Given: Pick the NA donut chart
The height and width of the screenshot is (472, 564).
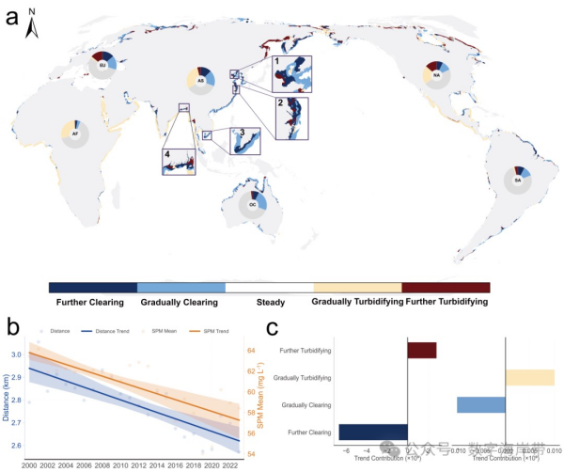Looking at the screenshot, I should pos(437,73).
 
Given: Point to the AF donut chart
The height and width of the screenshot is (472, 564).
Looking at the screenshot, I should pos(74,134).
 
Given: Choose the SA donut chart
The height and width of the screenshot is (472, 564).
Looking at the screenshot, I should pos(517,179).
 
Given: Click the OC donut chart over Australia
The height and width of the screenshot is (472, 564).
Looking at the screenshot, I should pos(253,204).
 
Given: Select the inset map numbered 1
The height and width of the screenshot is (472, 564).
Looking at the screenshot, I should pos(290,73).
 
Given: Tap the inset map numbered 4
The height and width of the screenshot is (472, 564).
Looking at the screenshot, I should pos(179,158).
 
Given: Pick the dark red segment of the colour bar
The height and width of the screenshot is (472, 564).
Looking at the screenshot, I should pos(445,287).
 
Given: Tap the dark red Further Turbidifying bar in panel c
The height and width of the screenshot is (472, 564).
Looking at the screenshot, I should pos(422,351).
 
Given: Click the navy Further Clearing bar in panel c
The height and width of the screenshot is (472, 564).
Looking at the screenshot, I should pos(372,432).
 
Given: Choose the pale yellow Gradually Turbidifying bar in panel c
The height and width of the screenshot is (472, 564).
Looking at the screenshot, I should pos(530,377).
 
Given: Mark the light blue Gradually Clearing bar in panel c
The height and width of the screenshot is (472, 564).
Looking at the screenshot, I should pos(481,404).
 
